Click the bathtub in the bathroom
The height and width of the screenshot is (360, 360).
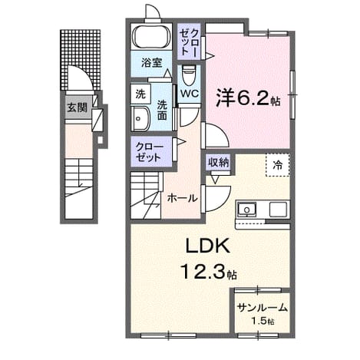153,37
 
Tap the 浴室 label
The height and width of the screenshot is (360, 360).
152,62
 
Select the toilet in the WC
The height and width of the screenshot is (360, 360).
189,75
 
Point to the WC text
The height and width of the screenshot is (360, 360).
190,94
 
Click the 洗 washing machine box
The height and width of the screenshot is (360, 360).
140,94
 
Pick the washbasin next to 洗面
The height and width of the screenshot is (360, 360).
140,118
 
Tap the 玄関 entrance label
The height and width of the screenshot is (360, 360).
78,107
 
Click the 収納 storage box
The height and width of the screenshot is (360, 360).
218,162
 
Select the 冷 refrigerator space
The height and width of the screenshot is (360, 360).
278,165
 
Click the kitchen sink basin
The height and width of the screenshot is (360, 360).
246,210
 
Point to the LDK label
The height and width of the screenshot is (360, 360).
207,246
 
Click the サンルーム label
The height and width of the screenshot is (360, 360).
263,308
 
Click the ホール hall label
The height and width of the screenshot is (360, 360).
182,198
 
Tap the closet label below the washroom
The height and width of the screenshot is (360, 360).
150,152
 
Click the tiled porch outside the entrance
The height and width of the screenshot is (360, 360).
81,60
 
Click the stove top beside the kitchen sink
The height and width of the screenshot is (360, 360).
278,210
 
